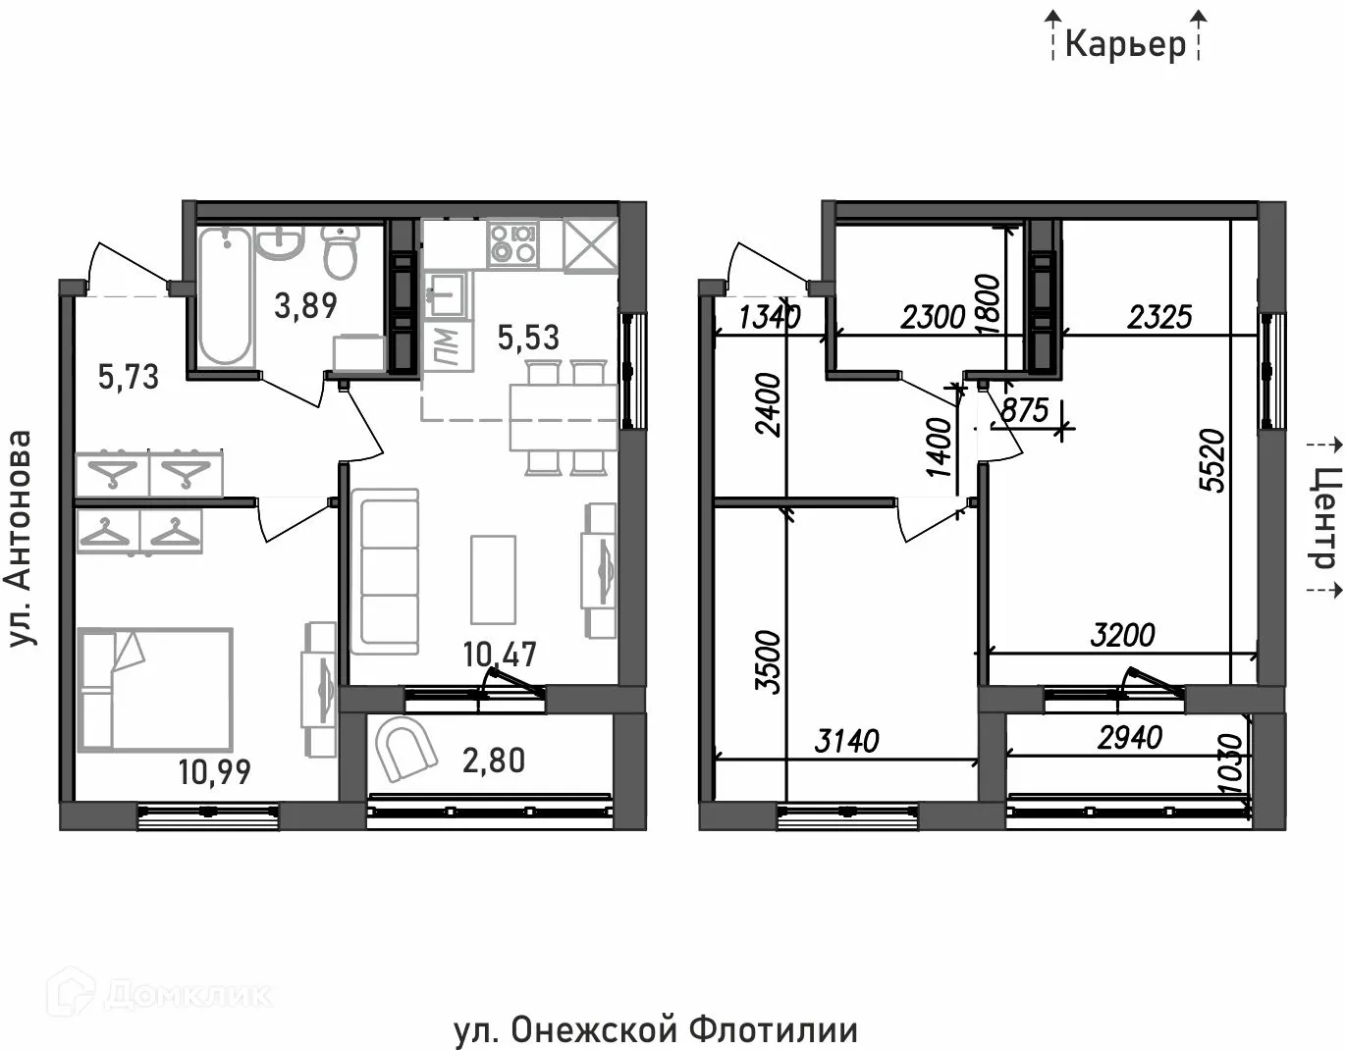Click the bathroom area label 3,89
[305, 305]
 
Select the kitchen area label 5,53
[528, 337]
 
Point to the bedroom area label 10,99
[214, 772]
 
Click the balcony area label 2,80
[494, 761]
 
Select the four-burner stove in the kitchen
[512, 243]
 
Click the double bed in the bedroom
[155, 690]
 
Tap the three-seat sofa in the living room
[385, 568]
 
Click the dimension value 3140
[846, 741]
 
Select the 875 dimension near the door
[1025, 409]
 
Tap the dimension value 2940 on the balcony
[1129, 737]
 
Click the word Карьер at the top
[1125, 44]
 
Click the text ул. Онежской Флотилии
[656, 1030]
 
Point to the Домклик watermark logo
[167, 994]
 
